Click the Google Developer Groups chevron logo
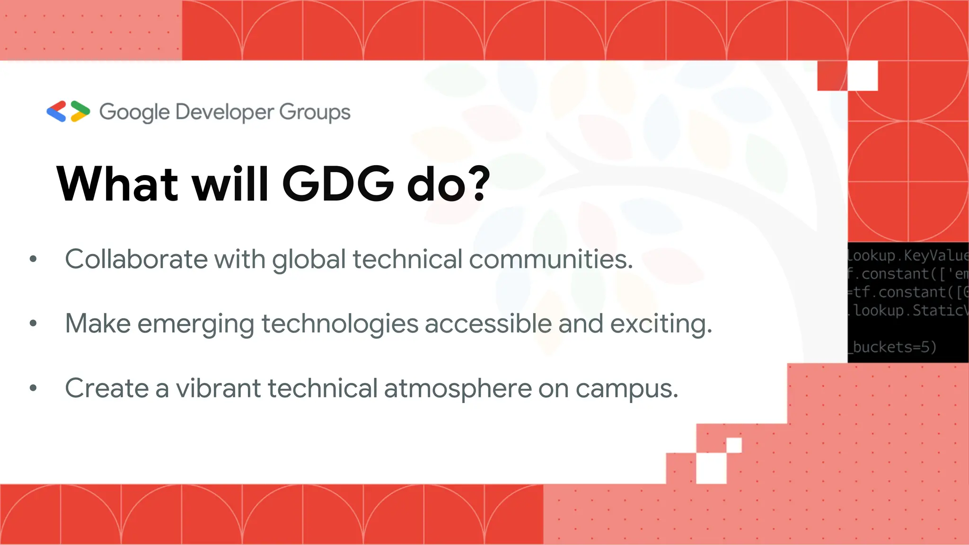68,112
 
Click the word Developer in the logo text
225,112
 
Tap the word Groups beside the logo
315,113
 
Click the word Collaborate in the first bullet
136,259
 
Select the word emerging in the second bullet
196,325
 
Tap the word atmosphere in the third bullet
458,389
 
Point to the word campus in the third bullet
626,389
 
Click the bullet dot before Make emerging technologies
33,324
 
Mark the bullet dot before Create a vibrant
33,388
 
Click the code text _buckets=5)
892,347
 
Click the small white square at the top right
863,76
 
